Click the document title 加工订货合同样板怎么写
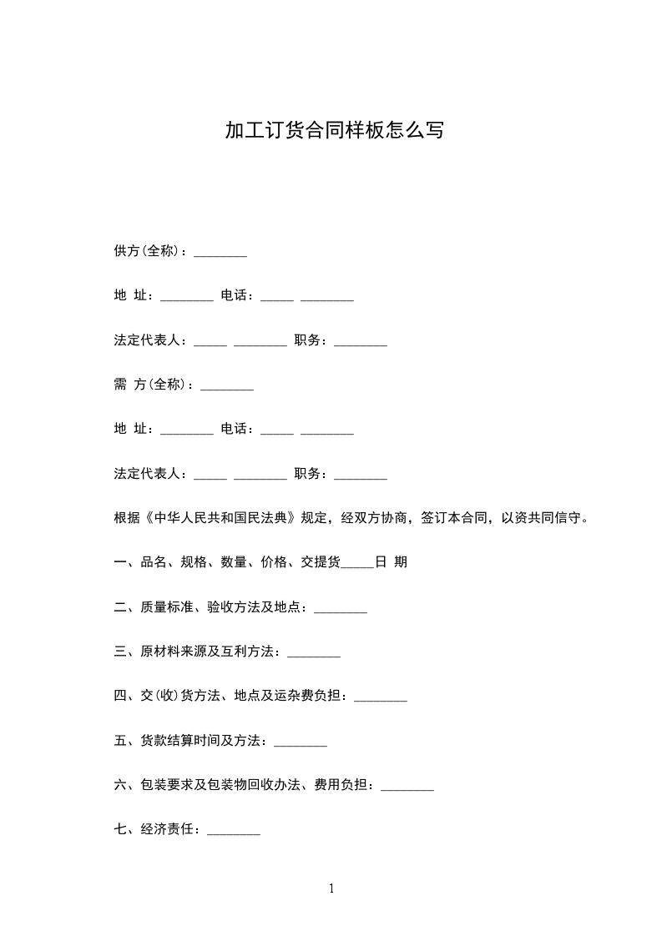tap(334, 131)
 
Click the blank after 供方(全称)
tap(220, 251)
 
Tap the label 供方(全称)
tap(149, 251)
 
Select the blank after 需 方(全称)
tap(227, 385)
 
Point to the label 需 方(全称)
tap(153, 385)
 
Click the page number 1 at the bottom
tap(331, 888)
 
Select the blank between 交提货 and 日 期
tap(357, 563)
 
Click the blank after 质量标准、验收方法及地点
tap(341, 608)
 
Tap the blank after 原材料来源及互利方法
tap(314, 652)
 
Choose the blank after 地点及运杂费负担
tap(381, 696)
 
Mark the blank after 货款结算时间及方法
tap(301, 741)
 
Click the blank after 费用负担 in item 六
tap(407, 785)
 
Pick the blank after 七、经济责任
tap(234, 830)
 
